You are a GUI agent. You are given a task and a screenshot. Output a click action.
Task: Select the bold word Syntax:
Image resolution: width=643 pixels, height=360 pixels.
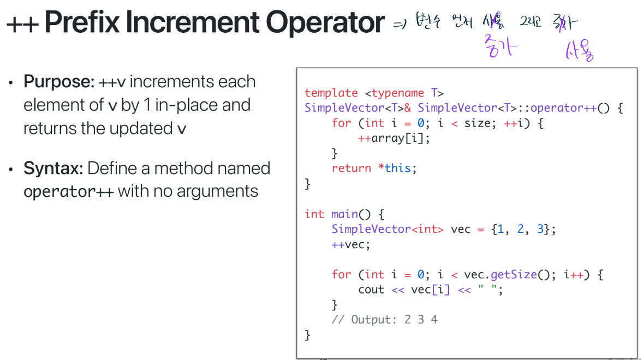point(53,168)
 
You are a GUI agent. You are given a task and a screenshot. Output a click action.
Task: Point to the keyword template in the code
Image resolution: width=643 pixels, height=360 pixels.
point(331,93)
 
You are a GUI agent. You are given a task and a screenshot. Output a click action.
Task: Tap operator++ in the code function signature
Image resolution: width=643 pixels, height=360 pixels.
point(563,108)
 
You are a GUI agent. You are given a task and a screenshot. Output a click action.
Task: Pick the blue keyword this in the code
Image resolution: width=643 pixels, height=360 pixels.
point(397,169)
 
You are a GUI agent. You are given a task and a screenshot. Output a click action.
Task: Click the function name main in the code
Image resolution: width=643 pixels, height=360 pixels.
point(344,214)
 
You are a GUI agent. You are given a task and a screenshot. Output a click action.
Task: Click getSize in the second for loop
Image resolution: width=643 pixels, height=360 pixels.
point(514,274)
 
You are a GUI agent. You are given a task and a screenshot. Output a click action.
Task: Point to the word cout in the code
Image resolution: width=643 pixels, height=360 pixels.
point(371,290)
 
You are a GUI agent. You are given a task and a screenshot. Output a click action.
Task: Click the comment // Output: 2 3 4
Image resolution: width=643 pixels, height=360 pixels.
point(384,320)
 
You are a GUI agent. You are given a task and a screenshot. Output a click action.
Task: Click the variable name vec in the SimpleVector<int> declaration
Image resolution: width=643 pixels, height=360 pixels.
point(461,230)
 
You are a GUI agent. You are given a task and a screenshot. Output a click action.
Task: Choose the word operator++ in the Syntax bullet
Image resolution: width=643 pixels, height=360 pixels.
point(68,191)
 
